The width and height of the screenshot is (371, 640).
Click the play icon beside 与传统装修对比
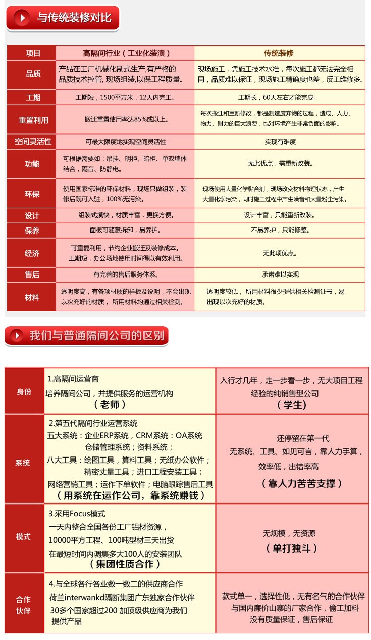[22, 18]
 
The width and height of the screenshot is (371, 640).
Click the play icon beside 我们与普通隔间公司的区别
[17, 335]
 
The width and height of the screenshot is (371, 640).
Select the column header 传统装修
[279, 53]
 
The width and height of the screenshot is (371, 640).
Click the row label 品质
[33, 74]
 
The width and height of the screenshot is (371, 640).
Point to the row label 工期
[33, 98]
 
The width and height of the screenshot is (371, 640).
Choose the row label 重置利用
[33, 120]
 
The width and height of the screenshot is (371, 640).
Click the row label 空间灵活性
[33, 142]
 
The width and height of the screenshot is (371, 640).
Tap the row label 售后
[33, 275]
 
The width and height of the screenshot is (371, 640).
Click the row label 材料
[33, 297]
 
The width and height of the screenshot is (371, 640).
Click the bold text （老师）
[110, 405]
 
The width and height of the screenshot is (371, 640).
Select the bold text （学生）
[292, 405]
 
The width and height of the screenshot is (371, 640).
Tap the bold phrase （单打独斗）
[292, 548]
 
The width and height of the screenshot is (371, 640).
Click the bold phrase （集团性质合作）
[125, 564]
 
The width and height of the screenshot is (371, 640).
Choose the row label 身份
[24, 391]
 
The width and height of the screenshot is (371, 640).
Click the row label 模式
[24, 537]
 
